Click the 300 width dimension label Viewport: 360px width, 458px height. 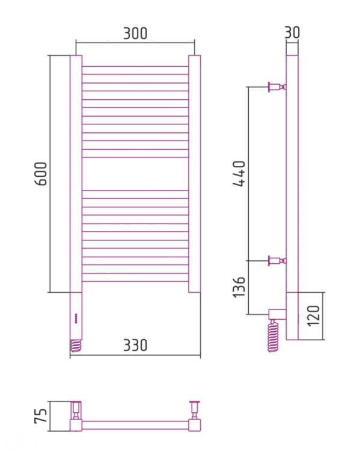coord(135,33)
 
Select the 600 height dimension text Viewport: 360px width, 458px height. coord(41,174)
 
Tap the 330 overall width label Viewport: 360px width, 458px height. coord(135,345)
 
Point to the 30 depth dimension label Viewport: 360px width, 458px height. coord(292,32)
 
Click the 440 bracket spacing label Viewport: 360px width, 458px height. coord(239,173)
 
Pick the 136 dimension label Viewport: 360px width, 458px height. coord(239,287)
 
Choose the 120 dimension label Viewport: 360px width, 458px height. coord(314,316)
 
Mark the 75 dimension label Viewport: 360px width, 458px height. coord(41,416)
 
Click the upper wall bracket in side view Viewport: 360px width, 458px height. coord(277,87)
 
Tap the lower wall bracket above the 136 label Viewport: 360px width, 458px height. coord(277,260)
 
